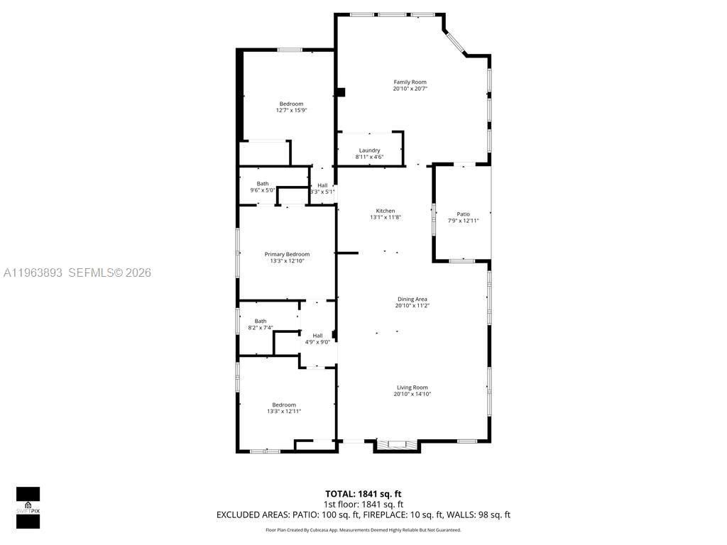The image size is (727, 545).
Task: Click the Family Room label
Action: [x=410, y=82]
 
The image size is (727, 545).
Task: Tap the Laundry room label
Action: [x=369, y=150]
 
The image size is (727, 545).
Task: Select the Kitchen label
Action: [x=386, y=211]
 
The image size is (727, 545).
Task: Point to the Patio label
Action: [x=463, y=214]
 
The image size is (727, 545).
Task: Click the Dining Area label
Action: [x=412, y=299]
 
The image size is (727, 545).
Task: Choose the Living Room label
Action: [x=412, y=387]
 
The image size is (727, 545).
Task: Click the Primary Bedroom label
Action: [x=287, y=254]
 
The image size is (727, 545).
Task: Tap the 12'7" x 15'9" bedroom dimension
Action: [x=291, y=110]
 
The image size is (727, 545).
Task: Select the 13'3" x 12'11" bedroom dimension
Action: [x=284, y=411]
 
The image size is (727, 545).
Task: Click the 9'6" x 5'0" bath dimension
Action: [x=262, y=190]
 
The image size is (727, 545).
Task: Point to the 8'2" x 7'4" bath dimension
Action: [x=261, y=328]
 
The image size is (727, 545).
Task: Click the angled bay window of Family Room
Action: [x=454, y=43]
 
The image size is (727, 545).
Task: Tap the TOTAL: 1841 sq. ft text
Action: [x=363, y=493]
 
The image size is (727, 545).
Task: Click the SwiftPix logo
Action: [x=28, y=508]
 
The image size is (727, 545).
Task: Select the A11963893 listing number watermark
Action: [x=33, y=272]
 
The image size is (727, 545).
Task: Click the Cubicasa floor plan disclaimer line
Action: [x=363, y=530]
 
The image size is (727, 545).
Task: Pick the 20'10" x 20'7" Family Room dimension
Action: [x=410, y=89]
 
